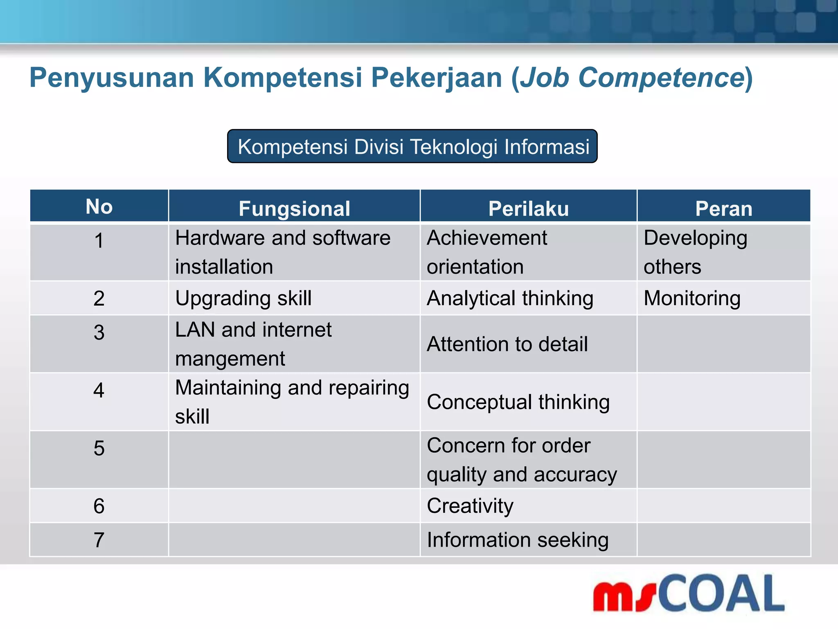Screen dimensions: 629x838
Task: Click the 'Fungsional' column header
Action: click(x=294, y=208)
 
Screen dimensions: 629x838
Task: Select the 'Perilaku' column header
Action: click(x=528, y=208)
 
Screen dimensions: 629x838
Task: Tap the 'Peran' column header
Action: click(x=723, y=208)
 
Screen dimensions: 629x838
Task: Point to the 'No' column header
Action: click(x=99, y=206)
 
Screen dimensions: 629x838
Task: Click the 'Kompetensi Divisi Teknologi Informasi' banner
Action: click(x=412, y=147)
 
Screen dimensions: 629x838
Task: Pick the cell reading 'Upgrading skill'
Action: click(x=243, y=298)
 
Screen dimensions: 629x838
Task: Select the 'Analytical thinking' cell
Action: click(x=510, y=298)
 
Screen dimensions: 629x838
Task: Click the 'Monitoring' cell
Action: click(x=692, y=298)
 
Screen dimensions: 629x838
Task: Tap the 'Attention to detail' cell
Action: click(x=507, y=344)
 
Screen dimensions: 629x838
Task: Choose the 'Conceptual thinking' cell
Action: click(x=518, y=402)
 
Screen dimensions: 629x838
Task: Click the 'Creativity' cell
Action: click(x=470, y=506)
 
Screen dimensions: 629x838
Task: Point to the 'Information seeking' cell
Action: click(x=518, y=540)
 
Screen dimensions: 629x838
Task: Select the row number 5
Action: click(x=99, y=448)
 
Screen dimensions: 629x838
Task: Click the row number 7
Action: click(x=99, y=540)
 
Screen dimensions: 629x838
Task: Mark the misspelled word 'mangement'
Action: click(x=230, y=359)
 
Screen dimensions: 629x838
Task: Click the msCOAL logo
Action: click(x=689, y=593)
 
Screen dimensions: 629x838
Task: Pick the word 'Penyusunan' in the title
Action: click(x=111, y=78)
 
